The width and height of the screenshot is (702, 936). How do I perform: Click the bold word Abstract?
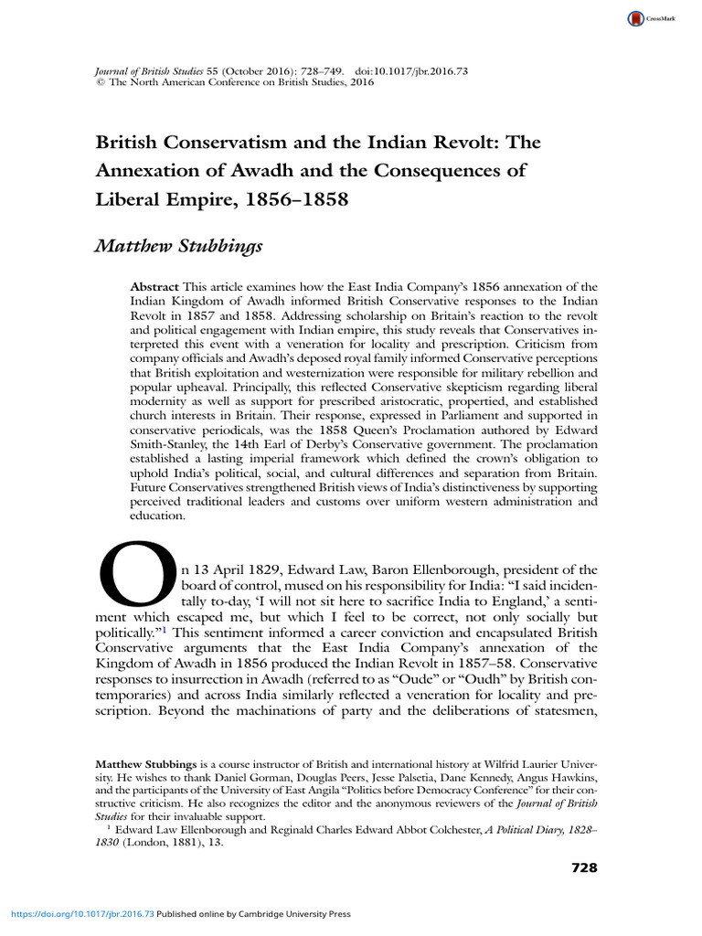154,287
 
